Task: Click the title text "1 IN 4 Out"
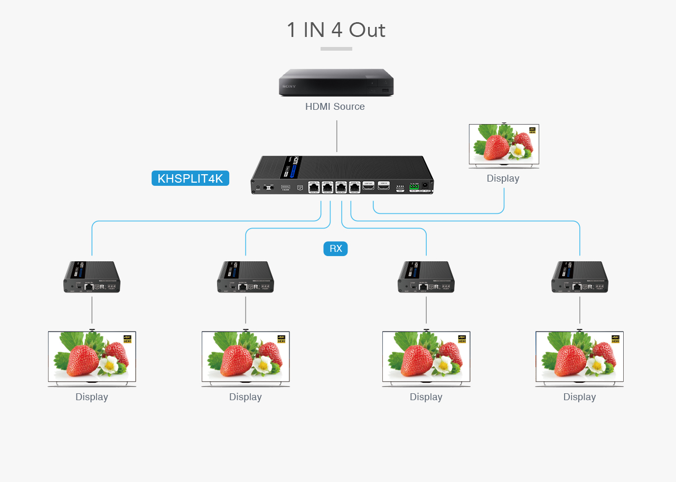pos(336,30)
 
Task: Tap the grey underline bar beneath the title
pos(336,49)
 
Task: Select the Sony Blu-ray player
pos(336,82)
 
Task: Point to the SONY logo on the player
pos(289,86)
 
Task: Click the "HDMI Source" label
pos(335,107)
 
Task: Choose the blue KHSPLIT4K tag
pos(190,178)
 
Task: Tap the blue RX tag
pos(335,249)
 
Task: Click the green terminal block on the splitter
pos(414,186)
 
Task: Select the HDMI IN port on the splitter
pos(384,186)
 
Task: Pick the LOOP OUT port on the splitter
pos(368,186)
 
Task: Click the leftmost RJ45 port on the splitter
pos(314,187)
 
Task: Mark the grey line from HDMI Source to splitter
pos(336,136)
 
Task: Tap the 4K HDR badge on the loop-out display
pos(532,130)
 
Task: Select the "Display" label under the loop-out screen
pos(503,178)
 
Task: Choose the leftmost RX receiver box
pos(92,277)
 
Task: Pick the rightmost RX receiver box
pos(579,277)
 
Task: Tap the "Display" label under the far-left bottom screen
pos(91,397)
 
